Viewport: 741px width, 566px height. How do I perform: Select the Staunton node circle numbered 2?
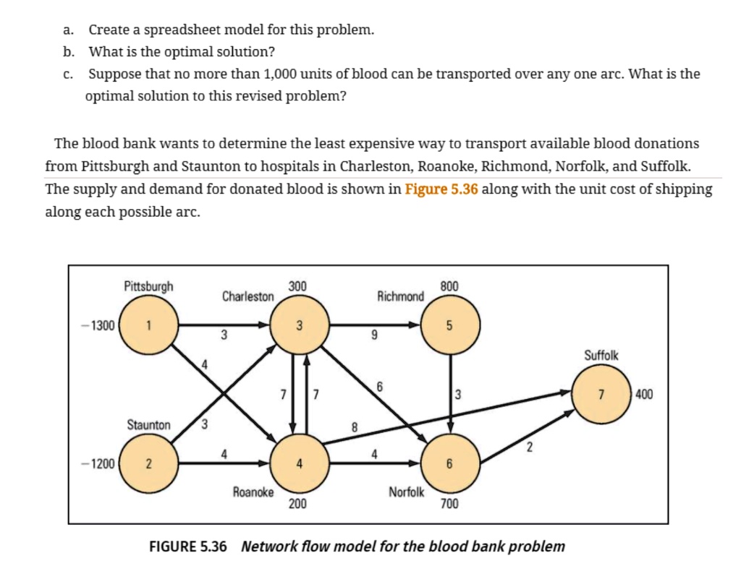[148, 463]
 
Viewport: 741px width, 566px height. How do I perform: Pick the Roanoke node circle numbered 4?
[299, 463]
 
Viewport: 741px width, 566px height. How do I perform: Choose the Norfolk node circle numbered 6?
[449, 463]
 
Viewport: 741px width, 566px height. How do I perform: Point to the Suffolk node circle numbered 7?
[600, 394]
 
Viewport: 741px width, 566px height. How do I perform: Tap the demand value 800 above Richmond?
[449, 286]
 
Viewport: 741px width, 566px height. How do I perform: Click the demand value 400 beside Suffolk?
[643, 394]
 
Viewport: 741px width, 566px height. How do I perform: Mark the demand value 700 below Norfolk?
[449, 504]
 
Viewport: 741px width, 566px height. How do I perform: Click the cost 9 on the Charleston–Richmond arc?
[374, 335]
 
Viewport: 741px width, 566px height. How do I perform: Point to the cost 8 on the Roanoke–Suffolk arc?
[354, 426]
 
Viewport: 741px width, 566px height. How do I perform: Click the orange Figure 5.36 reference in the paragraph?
[441, 189]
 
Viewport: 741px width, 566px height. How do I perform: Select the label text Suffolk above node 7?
[601, 356]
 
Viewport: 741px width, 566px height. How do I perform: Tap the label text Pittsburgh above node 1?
[148, 286]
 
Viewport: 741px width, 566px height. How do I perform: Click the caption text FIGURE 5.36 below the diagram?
[187, 546]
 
